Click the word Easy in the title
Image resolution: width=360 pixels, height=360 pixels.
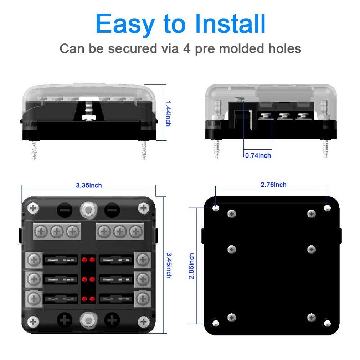point(125,24)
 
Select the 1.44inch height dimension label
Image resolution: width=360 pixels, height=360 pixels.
point(168,113)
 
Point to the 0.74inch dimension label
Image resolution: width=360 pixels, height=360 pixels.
point(258,155)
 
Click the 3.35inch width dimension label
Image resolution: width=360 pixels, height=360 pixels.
point(89,185)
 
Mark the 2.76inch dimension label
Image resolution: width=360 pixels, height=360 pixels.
point(273,185)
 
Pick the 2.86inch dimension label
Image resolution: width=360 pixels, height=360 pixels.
point(192,266)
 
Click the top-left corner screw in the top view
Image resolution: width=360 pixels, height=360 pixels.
point(33,208)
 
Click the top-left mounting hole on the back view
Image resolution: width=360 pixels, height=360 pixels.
point(216,208)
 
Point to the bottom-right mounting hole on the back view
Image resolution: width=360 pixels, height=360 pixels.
point(327,323)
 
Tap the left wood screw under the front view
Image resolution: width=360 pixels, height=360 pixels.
point(34,150)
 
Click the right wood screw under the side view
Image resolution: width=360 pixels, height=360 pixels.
point(325,149)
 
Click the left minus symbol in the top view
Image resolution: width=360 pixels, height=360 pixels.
point(64,210)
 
